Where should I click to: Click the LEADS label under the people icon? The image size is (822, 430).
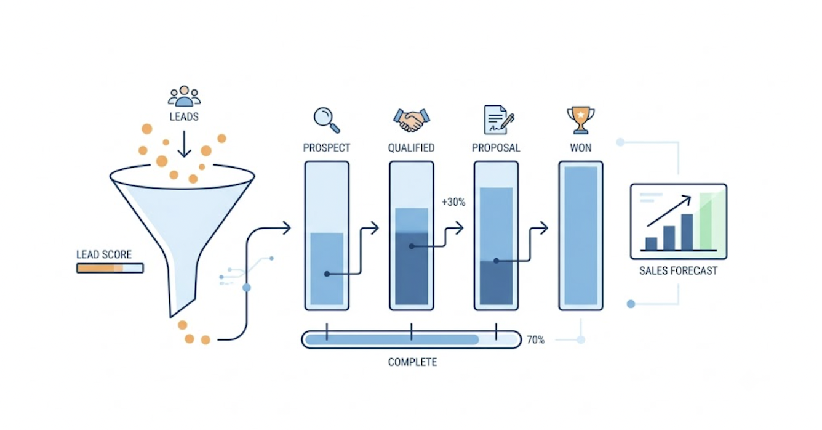pyautogui.click(x=184, y=116)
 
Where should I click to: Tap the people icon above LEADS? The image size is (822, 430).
pyautogui.click(x=184, y=96)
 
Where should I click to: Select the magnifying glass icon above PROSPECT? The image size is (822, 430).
pyautogui.click(x=327, y=120)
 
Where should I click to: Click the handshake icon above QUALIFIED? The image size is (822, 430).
pyautogui.click(x=412, y=120)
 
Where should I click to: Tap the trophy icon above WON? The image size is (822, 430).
pyautogui.click(x=581, y=120)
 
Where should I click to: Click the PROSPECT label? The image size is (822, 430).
pyautogui.click(x=327, y=148)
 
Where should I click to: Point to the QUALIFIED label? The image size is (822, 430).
pyautogui.click(x=412, y=148)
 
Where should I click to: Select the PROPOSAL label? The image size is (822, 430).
pyautogui.click(x=496, y=148)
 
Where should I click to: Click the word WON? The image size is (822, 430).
pyautogui.click(x=581, y=148)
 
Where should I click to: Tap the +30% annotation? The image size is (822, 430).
pyautogui.click(x=453, y=202)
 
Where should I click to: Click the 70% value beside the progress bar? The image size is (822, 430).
pyautogui.click(x=535, y=340)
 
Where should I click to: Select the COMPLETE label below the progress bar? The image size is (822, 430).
pyautogui.click(x=412, y=362)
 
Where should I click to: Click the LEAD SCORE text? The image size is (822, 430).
pyautogui.click(x=104, y=254)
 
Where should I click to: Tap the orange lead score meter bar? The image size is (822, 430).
pyautogui.click(x=110, y=269)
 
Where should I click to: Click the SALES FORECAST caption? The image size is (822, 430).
pyautogui.click(x=678, y=270)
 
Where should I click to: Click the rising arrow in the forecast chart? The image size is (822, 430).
pyautogui.click(x=669, y=211)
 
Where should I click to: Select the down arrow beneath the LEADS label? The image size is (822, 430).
pyautogui.click(x=184, y=144)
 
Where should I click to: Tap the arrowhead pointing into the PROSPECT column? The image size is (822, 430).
pyautogui.click(x=287, y=228)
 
